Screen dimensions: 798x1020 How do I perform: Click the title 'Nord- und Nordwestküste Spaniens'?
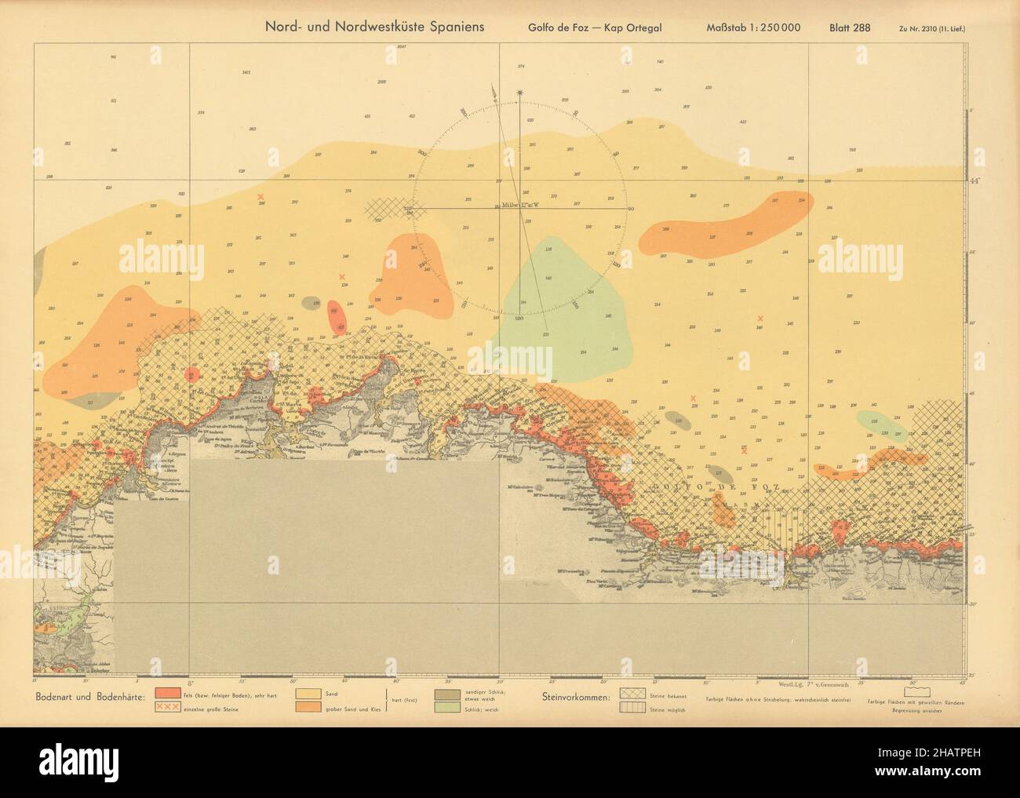coord(376,26)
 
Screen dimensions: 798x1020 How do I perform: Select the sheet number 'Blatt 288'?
coord(850,27)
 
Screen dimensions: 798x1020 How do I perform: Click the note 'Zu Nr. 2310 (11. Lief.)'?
coord(932,28)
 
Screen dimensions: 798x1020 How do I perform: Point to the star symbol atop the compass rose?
coord(519,93)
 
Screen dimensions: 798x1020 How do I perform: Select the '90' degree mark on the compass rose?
coord(631,209)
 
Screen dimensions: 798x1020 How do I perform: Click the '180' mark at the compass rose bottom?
coord(519,319)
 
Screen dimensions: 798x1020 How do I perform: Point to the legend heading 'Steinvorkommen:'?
coord(577,696)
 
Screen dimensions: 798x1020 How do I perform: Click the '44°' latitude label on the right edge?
coord(975,181)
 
